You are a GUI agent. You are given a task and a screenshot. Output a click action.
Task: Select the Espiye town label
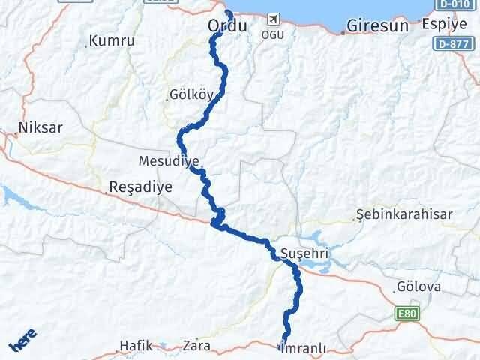coord(443,24)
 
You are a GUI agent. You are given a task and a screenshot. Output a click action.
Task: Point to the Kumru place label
coord(111,41)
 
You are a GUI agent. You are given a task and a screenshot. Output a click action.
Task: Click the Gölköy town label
coord(192,96)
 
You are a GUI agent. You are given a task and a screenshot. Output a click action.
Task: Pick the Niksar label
coord(42,127)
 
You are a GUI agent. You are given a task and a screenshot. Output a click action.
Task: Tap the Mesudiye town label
coord(169,161)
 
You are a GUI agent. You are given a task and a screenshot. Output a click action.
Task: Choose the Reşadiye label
coord(141,187)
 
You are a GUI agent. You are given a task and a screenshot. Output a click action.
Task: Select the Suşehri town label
coord(303,253)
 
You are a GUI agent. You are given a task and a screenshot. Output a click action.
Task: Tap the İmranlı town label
coord(303,347)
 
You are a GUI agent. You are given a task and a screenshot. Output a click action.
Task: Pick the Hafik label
coord(136,346)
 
